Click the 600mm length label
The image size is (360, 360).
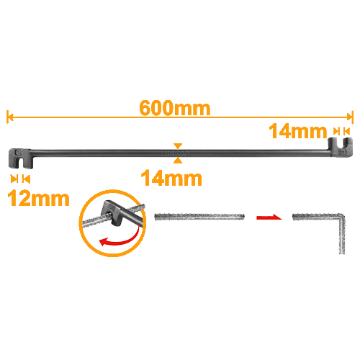(x=175, y=108)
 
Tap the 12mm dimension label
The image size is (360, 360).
(x=38, y=199)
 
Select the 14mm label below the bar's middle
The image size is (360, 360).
(x=171, y=178)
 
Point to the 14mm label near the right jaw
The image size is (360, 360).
(x=298, y=131)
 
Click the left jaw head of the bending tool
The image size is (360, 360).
(x=19, y=158)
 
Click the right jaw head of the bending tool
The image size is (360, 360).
(x=341, y=147)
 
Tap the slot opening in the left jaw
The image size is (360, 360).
(x=21, y=163)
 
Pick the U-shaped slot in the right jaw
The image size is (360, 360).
(x=341, y=143)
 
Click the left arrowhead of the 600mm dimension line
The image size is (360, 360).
(x=9, y=117)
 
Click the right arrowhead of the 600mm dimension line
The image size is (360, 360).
(x=351, y=117)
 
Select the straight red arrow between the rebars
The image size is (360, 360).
(x=269, y=217)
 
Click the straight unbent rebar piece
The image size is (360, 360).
(x=199, y=217)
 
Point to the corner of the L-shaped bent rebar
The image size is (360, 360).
(x=341, y=216)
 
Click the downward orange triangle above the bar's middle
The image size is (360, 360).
(x=178, y=146)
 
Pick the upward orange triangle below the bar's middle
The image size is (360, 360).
(x=178, y=161)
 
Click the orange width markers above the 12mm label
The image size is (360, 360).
(x=20, y=179)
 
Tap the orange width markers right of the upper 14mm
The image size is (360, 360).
(x=342, y=131)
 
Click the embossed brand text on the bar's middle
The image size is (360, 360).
(x=178, y=153)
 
